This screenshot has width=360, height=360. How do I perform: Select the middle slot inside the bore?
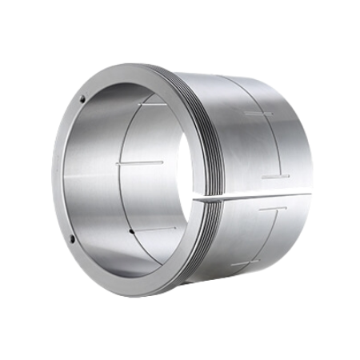pyautogui.click(x=140, y=162)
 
